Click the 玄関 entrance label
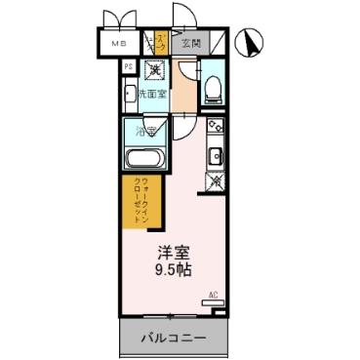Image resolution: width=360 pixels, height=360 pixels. pos(189,44)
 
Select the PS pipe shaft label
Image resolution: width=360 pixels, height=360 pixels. pos(128,67)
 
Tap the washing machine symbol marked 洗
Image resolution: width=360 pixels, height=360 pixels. pos(154,69)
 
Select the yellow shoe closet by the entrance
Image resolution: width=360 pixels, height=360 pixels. pos(160,44)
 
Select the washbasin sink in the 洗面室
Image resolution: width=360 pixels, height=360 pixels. pos(130,95)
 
